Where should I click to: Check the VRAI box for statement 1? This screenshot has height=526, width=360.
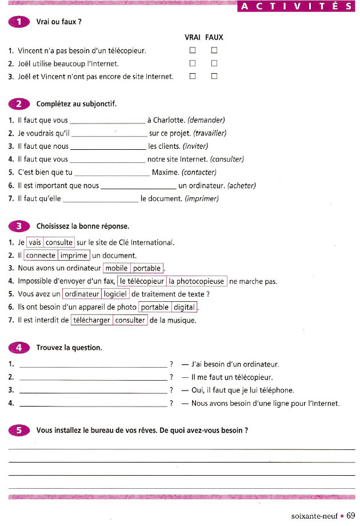193,50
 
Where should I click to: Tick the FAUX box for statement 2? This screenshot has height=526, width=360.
214,63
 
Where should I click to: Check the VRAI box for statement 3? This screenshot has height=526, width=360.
193,75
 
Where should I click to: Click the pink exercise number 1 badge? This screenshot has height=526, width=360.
19,22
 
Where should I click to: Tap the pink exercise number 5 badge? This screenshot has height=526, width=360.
19,430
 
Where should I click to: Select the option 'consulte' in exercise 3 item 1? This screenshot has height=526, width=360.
59,242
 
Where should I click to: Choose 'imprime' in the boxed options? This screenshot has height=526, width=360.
74,256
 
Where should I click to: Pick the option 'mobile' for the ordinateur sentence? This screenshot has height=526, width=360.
117,268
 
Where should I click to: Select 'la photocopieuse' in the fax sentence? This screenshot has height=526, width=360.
197,281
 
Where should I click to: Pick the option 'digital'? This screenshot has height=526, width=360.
184,308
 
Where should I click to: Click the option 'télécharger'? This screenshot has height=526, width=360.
91,321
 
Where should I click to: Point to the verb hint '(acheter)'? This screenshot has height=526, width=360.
241,186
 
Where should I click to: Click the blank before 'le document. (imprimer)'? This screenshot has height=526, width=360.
101,200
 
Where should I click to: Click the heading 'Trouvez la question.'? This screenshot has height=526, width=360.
69,348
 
